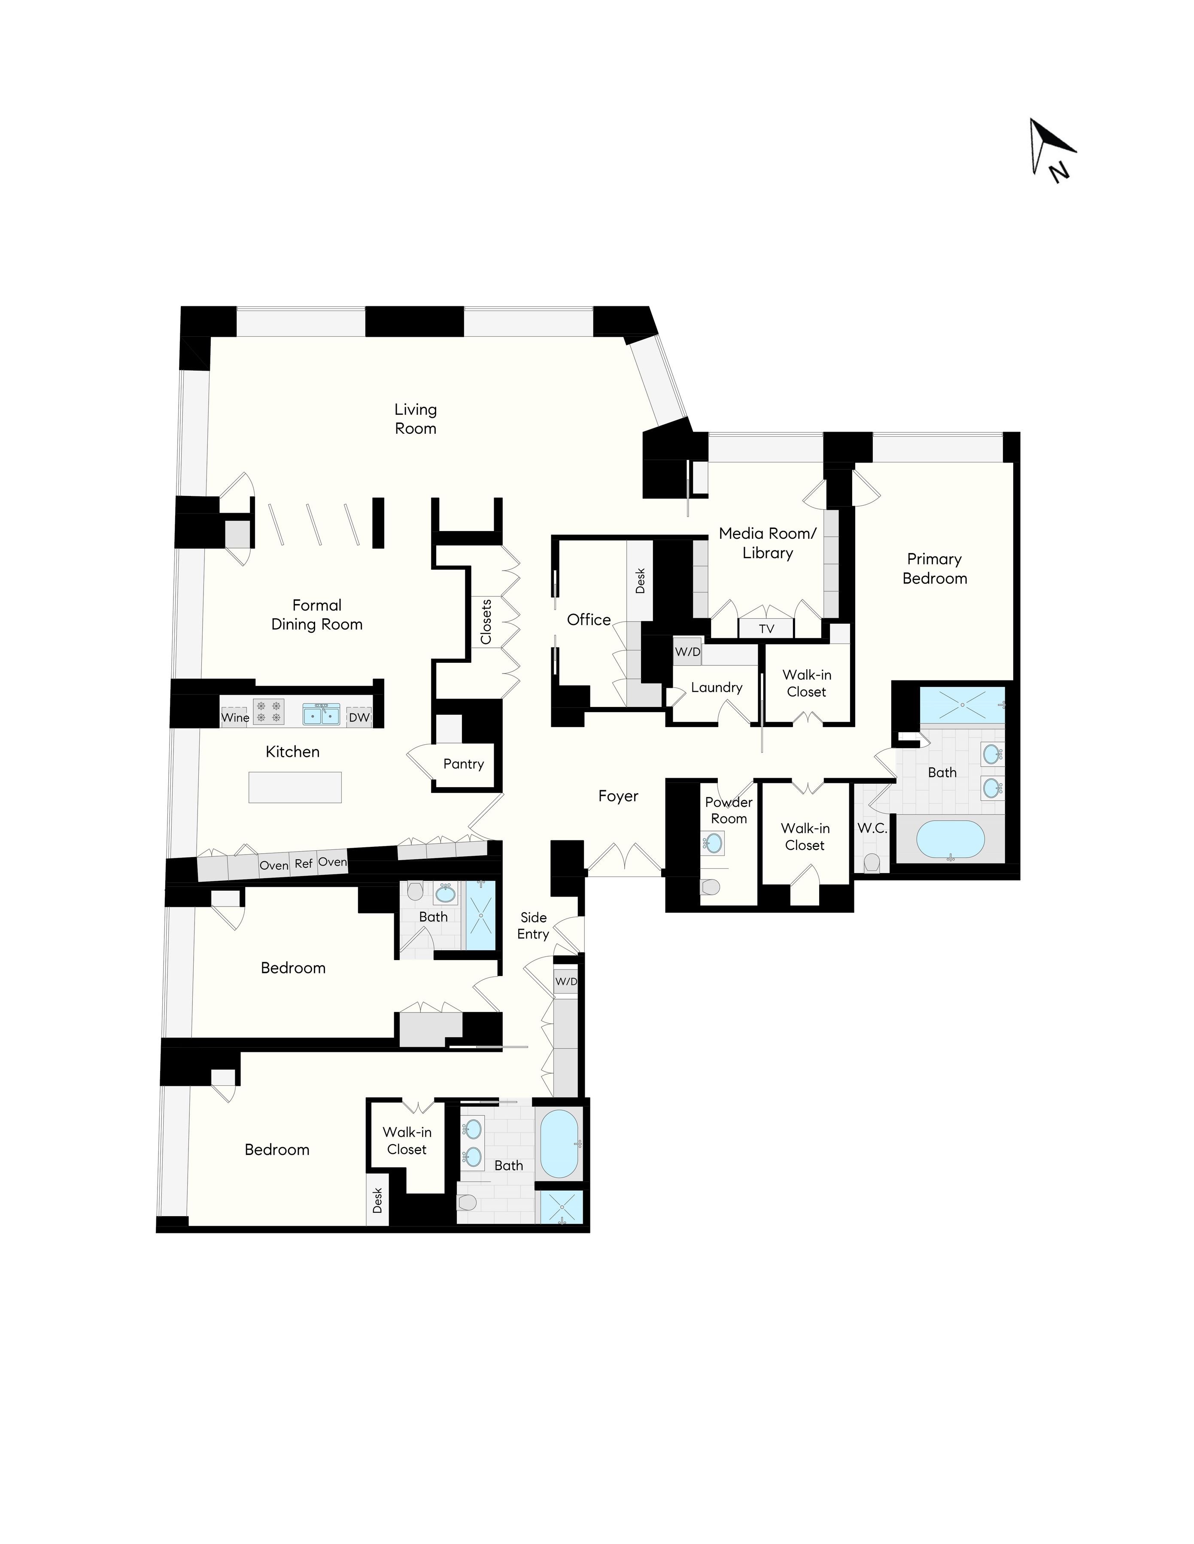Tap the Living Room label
click(415, 419)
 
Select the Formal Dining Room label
click(317, 614)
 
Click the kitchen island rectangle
click(295, 787)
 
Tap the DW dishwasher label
click(359, 718)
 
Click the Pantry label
click(463, 764)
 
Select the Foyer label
click(618, 796)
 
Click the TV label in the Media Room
click(766, 628)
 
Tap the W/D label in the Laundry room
click(687, 651)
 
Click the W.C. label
click(872, 828)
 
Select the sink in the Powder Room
click(714, 843)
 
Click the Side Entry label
click(533, 925)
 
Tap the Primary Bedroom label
click(934, 568)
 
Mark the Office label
click(589, 619)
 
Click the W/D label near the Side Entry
click(566, 981)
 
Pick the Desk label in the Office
click(640, 581)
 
